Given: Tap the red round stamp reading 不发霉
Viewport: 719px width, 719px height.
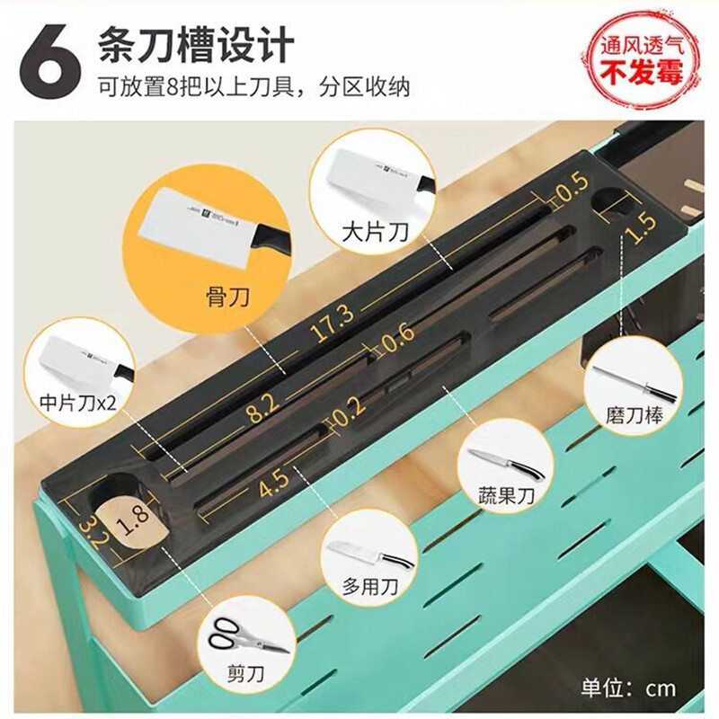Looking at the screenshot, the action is coord(642,61).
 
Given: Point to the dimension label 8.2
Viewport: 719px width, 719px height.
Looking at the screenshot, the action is coord(262,407).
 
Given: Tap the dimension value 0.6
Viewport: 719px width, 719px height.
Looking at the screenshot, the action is coord(398,338).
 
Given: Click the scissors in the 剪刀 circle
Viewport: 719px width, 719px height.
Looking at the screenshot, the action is coord(248,635).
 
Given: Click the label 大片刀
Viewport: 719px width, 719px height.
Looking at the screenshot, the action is coord(375,232).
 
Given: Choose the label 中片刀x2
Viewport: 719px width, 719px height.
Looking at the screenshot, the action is coord(78,403).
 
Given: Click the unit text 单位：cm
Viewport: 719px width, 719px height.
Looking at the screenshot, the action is coord(628,688).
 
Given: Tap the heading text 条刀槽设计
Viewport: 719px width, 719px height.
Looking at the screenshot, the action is coord(196,44).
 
